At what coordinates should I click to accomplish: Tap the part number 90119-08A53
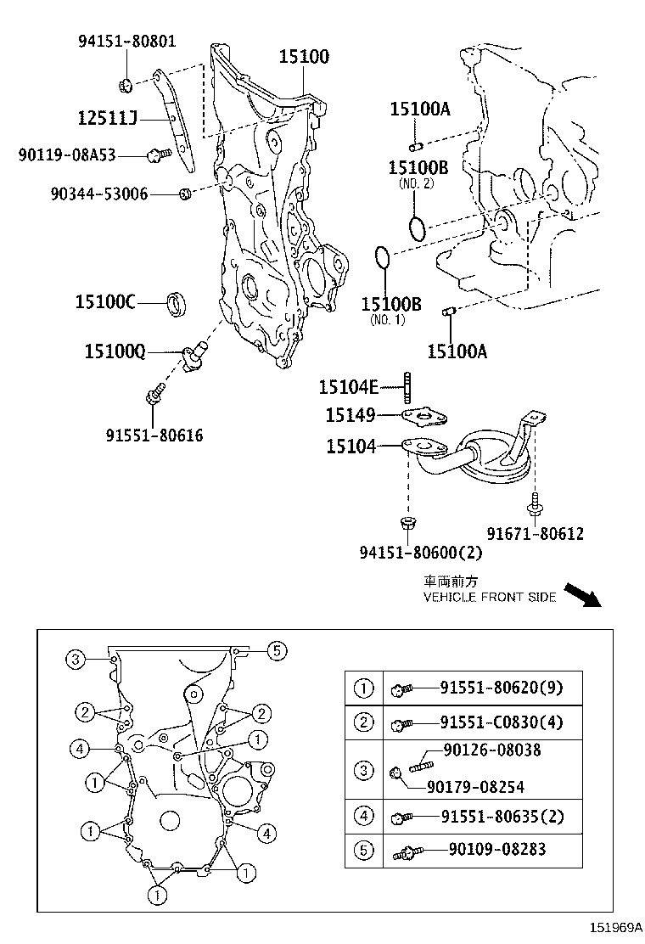click(x=67, y=155)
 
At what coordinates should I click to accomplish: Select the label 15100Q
click(x=114, y=350)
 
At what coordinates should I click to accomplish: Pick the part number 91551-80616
click(x=154, y=435)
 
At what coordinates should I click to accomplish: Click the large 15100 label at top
click(x=305, y=57)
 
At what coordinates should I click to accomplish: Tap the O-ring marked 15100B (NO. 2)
click(x=415, y=228)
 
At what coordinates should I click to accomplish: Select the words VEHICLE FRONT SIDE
click(x=490, y=598)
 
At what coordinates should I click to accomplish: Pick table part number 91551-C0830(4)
click(x=500, y=722)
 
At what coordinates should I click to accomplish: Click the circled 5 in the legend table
click(x=363, y=850)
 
